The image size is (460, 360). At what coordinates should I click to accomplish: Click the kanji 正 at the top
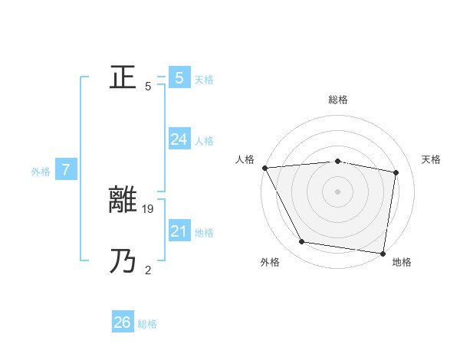coord(123,77)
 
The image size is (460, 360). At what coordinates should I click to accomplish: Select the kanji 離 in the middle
coord(123,201)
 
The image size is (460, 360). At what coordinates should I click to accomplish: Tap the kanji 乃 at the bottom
coord(123,262)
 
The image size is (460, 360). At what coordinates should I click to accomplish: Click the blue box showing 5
coord(179,77)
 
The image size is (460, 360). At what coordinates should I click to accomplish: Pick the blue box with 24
coord(179,139)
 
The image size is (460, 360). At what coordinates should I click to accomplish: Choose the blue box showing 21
coord(179,231)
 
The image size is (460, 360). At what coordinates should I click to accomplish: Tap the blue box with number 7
coord(66,170)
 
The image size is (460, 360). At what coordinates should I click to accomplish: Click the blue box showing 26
coord(122,322)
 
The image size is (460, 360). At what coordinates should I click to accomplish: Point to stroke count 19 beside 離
coord(149,208)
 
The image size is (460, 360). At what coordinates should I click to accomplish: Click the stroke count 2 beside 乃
coord(148,270)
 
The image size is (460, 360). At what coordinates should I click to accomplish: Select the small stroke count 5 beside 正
coord(148,86)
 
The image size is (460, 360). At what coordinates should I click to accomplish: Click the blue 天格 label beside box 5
coord(204,80)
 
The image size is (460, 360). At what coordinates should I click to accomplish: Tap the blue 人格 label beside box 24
coord(204,141)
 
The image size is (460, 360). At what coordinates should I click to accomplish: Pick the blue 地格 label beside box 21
coord(204,233)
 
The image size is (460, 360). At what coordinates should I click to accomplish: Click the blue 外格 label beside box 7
coord(41,172)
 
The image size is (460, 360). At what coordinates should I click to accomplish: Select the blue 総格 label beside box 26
coord(147,325)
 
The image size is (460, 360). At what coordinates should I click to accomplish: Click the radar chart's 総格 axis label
coord(337,100)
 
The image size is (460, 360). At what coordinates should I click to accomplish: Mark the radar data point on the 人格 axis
coord(264,167)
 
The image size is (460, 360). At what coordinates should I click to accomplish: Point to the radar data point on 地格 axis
coord(383,253)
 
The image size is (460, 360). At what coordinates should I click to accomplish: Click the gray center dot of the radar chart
coord(337,191)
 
